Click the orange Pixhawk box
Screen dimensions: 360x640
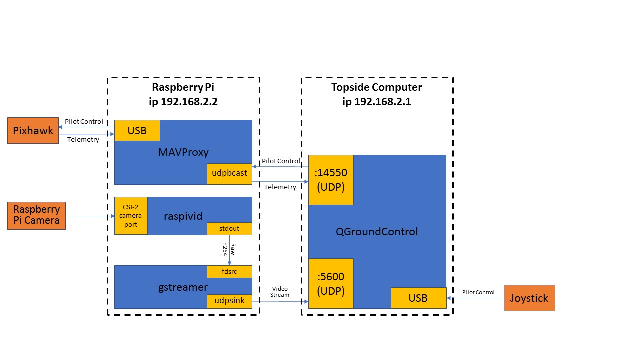tap(33, 130)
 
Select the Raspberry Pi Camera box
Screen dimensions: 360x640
tap(36, 215)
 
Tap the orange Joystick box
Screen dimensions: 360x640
tap(529, 298)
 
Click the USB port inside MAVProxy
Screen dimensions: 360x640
tap(137, 130)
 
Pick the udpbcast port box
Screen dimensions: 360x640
tap(229, 173)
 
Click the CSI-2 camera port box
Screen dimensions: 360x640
tap(131, 216)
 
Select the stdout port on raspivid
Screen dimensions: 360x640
tap(229, 229)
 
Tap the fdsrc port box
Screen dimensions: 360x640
tap(229, 271)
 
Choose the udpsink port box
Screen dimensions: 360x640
tap(229, 301)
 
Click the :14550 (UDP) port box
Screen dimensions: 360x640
tap(331, 180)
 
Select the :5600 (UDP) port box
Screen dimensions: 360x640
tap(331, 283)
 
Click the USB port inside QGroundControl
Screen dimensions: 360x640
tap(418, 298)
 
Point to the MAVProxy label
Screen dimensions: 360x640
tap(183, 152)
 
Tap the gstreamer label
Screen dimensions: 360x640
tap(183, 287)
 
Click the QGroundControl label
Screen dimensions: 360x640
tap(376, 232)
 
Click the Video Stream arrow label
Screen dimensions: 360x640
tap(280, 292)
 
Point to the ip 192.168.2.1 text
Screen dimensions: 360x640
tap(377, 102)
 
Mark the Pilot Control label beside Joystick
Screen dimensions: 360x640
tap(478, 292)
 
